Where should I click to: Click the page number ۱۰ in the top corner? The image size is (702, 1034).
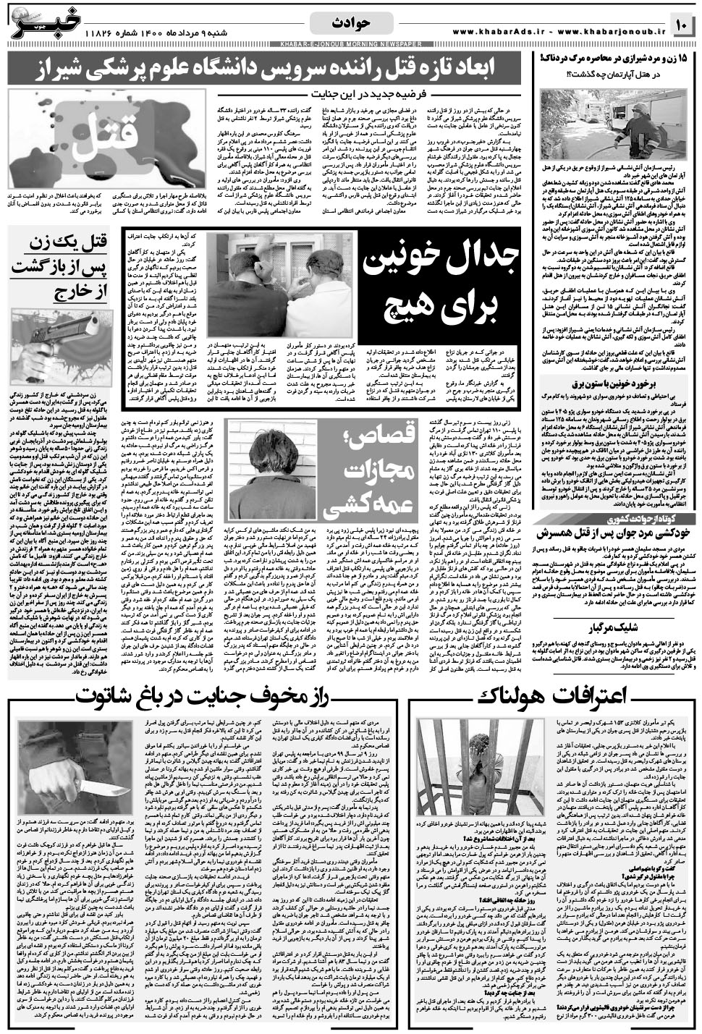[682, 25]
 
